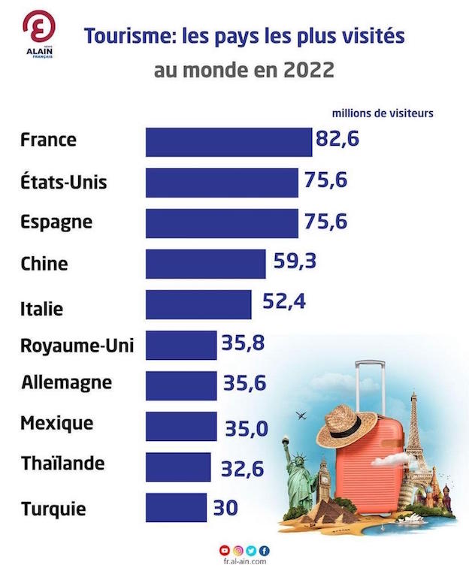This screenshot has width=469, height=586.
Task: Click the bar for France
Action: point(228,142)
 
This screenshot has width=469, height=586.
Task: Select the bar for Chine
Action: point(204,264)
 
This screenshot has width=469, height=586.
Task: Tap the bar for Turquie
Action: point(176,507)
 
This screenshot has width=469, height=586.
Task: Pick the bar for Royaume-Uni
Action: point(180,345)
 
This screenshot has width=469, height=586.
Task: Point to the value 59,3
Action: point(292,261)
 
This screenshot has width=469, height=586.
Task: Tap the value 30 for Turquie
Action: point(225,508)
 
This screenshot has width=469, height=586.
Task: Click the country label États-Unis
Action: point(65,183)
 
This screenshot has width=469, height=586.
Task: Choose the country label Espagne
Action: point(57,223)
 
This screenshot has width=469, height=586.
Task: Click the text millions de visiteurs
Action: point(383,114)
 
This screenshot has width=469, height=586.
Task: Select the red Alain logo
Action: point(39,29)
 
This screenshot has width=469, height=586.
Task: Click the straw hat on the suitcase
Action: point(346,425)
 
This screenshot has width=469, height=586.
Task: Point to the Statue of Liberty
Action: point(298,470)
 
